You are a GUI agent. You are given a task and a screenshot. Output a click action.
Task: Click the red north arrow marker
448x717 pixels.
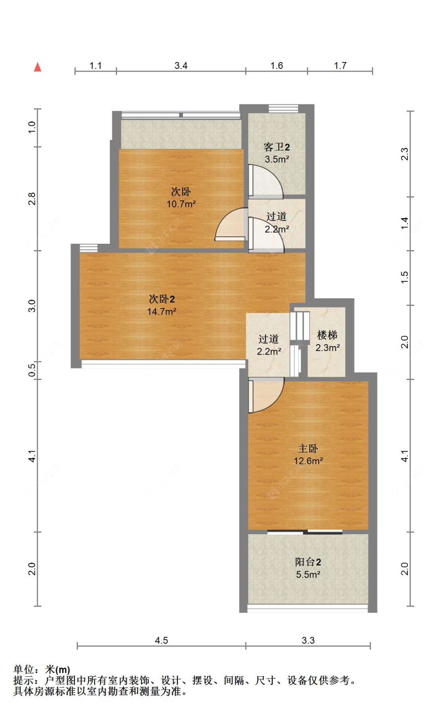[x=38, y=67]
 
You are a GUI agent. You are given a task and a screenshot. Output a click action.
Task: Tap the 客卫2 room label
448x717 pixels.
[x=277, y=147]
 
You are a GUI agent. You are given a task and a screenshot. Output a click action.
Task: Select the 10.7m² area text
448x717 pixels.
[x=181, y=204]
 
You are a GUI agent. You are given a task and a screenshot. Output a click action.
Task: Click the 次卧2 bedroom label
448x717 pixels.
[x=162, y=299]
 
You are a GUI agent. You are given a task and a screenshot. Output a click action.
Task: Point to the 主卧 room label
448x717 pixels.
[x=308, y=449]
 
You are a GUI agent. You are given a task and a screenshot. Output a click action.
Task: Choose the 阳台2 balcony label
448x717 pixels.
[x=308, y=562]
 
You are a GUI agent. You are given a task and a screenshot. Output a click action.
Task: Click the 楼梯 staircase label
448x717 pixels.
[x=327, y=335]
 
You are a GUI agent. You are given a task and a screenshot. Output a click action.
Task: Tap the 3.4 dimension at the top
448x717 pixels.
[x=181, y=66]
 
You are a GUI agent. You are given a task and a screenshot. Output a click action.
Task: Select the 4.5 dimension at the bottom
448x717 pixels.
[x=161, y=640]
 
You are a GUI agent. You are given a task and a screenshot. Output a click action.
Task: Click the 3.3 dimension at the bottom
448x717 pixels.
[x=308, y=640]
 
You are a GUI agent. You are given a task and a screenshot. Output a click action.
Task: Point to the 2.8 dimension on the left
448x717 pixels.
[x=32, y=199]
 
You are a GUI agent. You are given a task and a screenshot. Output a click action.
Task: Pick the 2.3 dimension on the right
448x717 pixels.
[x=405, y=154]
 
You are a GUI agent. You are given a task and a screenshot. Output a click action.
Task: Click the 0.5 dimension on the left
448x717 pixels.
[x=32, y=369]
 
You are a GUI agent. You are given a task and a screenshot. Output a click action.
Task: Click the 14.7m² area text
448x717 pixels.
[x=162, y=311]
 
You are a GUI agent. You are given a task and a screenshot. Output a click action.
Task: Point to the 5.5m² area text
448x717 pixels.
[x=308, y=574]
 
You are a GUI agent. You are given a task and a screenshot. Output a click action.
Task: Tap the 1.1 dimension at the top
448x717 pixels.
[x=96, y=66]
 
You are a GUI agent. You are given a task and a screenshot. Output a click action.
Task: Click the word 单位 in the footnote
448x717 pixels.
[x=23, y=670]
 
